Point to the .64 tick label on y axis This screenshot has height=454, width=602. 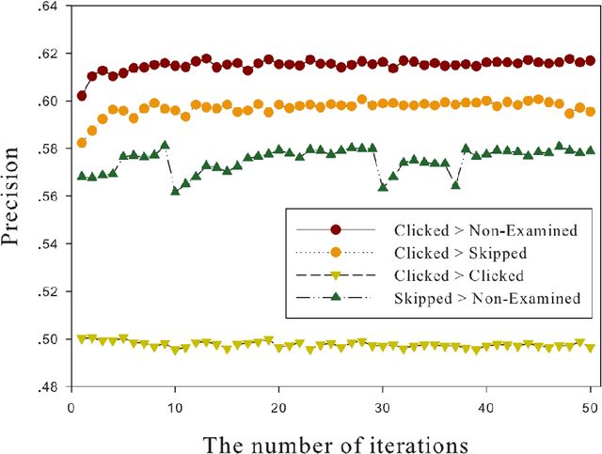(45, 7)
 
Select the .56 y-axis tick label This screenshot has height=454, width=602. (45, 196)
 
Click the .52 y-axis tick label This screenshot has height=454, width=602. (45, 291)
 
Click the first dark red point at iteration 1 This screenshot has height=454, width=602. (82, 96)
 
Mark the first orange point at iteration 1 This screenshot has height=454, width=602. (82, 143)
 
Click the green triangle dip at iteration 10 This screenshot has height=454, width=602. (175, 191)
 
